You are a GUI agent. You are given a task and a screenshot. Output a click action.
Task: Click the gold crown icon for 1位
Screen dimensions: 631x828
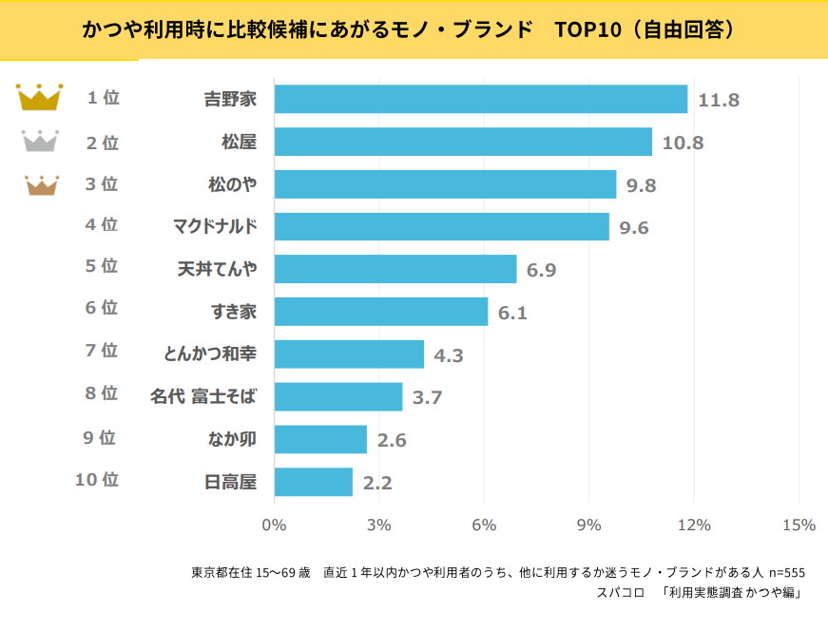pos(40,97)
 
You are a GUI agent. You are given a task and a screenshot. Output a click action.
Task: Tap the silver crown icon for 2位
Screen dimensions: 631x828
pos(40,142)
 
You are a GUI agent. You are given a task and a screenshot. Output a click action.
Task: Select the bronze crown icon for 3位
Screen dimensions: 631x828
pos(40,184)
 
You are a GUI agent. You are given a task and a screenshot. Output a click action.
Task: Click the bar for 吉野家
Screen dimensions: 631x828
pos(480,99)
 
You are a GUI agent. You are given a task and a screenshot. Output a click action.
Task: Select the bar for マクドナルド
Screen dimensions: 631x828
pos(441,226)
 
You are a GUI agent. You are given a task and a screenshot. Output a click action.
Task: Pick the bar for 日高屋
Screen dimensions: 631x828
pos(313,482)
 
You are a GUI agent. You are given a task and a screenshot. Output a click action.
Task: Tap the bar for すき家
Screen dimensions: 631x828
pos(380,311)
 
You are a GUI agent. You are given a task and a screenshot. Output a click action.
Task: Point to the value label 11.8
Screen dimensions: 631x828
pos(719,100)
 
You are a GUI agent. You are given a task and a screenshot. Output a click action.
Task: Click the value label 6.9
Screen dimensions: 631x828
pos(541,270)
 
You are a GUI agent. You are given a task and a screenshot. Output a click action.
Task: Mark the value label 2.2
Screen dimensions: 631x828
pos(376,483)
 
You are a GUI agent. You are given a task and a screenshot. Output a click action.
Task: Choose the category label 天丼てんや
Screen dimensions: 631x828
pos(218,269)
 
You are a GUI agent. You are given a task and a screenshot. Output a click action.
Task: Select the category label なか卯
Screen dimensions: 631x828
pos(232,439)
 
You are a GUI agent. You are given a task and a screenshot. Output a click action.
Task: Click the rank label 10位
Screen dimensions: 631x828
pos(97,480)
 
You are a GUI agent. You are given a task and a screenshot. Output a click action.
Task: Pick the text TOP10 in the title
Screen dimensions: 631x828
pos(583,29)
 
